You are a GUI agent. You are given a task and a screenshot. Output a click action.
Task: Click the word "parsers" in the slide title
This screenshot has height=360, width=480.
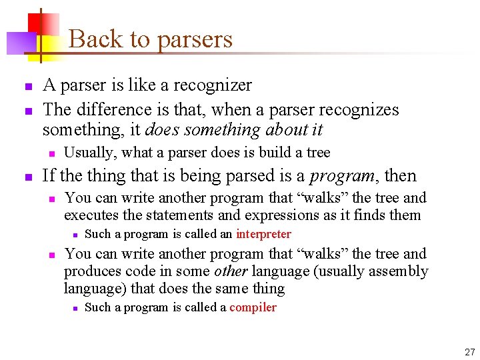tap(195, 39)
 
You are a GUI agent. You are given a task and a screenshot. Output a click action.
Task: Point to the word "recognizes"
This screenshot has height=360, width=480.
tap(361, 109)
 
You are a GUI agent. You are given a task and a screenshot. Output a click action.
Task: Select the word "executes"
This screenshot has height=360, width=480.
tap(90, 215)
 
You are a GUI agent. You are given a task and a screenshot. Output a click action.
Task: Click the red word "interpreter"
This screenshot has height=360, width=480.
tap(263, 234)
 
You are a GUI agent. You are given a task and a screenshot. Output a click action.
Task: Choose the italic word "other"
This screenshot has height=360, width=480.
tap(230, 271)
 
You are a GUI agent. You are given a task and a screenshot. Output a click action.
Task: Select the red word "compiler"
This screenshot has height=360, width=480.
tap(253, 307)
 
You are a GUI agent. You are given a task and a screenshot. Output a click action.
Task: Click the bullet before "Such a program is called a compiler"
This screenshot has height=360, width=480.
tap(76, 308)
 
